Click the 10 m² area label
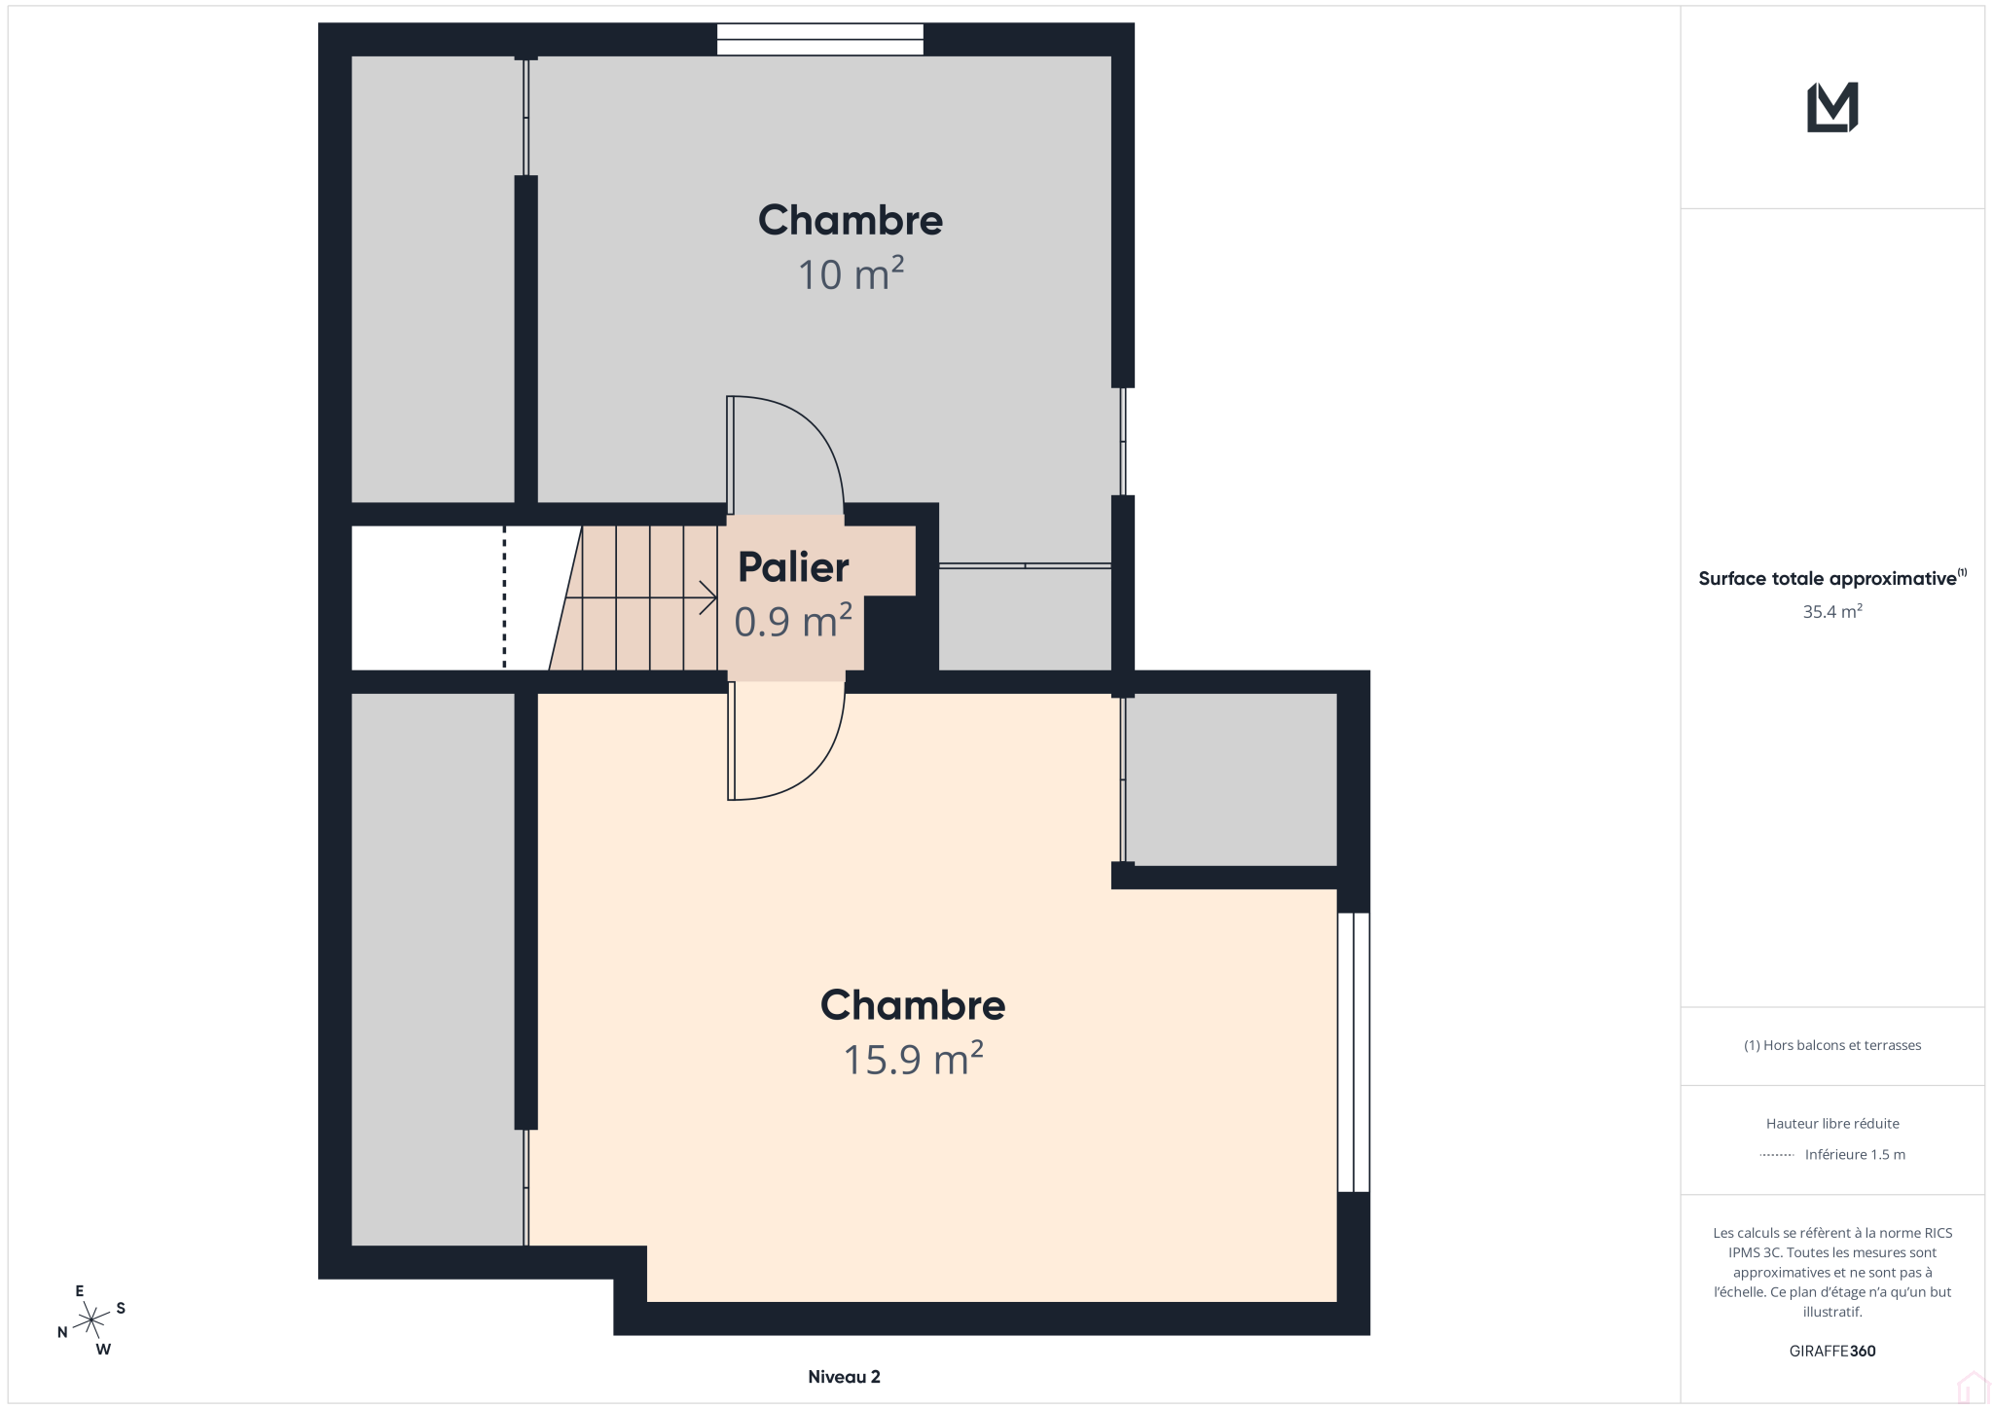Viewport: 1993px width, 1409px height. [x=851, y=274]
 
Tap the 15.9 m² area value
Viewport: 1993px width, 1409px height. [x=913, y=1059]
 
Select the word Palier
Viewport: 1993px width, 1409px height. [x=793, y=567]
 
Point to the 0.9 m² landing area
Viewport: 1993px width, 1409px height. [x=793, y=621]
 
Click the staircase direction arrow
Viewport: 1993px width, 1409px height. [x=641, y=597]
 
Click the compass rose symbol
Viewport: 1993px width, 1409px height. [x=91, y=1320]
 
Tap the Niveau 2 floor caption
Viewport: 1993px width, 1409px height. [x=844, y=1377]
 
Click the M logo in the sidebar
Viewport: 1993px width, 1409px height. [x=1832, y=107]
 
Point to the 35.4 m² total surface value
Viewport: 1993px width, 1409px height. [x=1832, y=611]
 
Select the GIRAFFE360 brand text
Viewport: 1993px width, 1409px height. [x=1832, y=1351]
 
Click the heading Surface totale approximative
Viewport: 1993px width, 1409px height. [x=1828, y=579]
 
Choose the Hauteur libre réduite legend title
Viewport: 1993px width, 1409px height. [x=1832, y=1123]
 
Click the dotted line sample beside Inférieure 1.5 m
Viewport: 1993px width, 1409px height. [x=1777, y=1155]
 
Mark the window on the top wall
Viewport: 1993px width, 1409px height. [x=820, y=39]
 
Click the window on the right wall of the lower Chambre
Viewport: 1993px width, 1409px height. [x=1354, y=1052]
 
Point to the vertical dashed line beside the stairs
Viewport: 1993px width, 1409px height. [x=504, y=597]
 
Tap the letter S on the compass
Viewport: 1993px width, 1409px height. [x=121, y=1308]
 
